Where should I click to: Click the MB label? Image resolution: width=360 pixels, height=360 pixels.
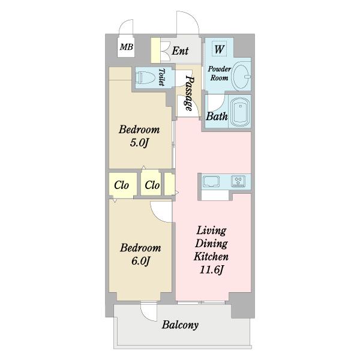pos(126,47)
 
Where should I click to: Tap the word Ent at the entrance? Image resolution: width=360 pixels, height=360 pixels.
pos(180,51)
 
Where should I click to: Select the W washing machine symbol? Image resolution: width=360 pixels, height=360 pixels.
pos(219,49)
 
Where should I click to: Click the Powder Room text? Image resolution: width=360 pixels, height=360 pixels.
pos(219,73)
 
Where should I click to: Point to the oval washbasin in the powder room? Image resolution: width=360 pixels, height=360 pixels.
pos(242,76)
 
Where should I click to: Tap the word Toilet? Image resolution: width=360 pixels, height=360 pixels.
pos(162,77)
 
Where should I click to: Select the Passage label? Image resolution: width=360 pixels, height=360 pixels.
pos(189,93)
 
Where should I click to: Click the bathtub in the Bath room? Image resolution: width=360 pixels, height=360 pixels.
pos(240,111)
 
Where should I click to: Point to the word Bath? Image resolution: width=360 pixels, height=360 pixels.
pos(217,116)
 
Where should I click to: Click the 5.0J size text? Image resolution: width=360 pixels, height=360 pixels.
pos(139,143)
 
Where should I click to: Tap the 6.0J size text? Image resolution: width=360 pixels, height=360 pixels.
pos(141,261)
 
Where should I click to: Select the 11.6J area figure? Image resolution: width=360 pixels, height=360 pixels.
pos(211,270)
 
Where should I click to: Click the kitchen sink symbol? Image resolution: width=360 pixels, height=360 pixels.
pos(211,181)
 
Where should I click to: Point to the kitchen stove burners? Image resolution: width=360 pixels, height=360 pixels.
pos(238,181)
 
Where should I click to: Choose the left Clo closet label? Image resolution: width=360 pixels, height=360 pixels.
pos(121,185)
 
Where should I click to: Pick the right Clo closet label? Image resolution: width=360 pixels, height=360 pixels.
pos(152,185)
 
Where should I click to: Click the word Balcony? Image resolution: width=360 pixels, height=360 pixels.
pos(180,325)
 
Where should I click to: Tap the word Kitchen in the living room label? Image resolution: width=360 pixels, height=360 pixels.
pos(211,256)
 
